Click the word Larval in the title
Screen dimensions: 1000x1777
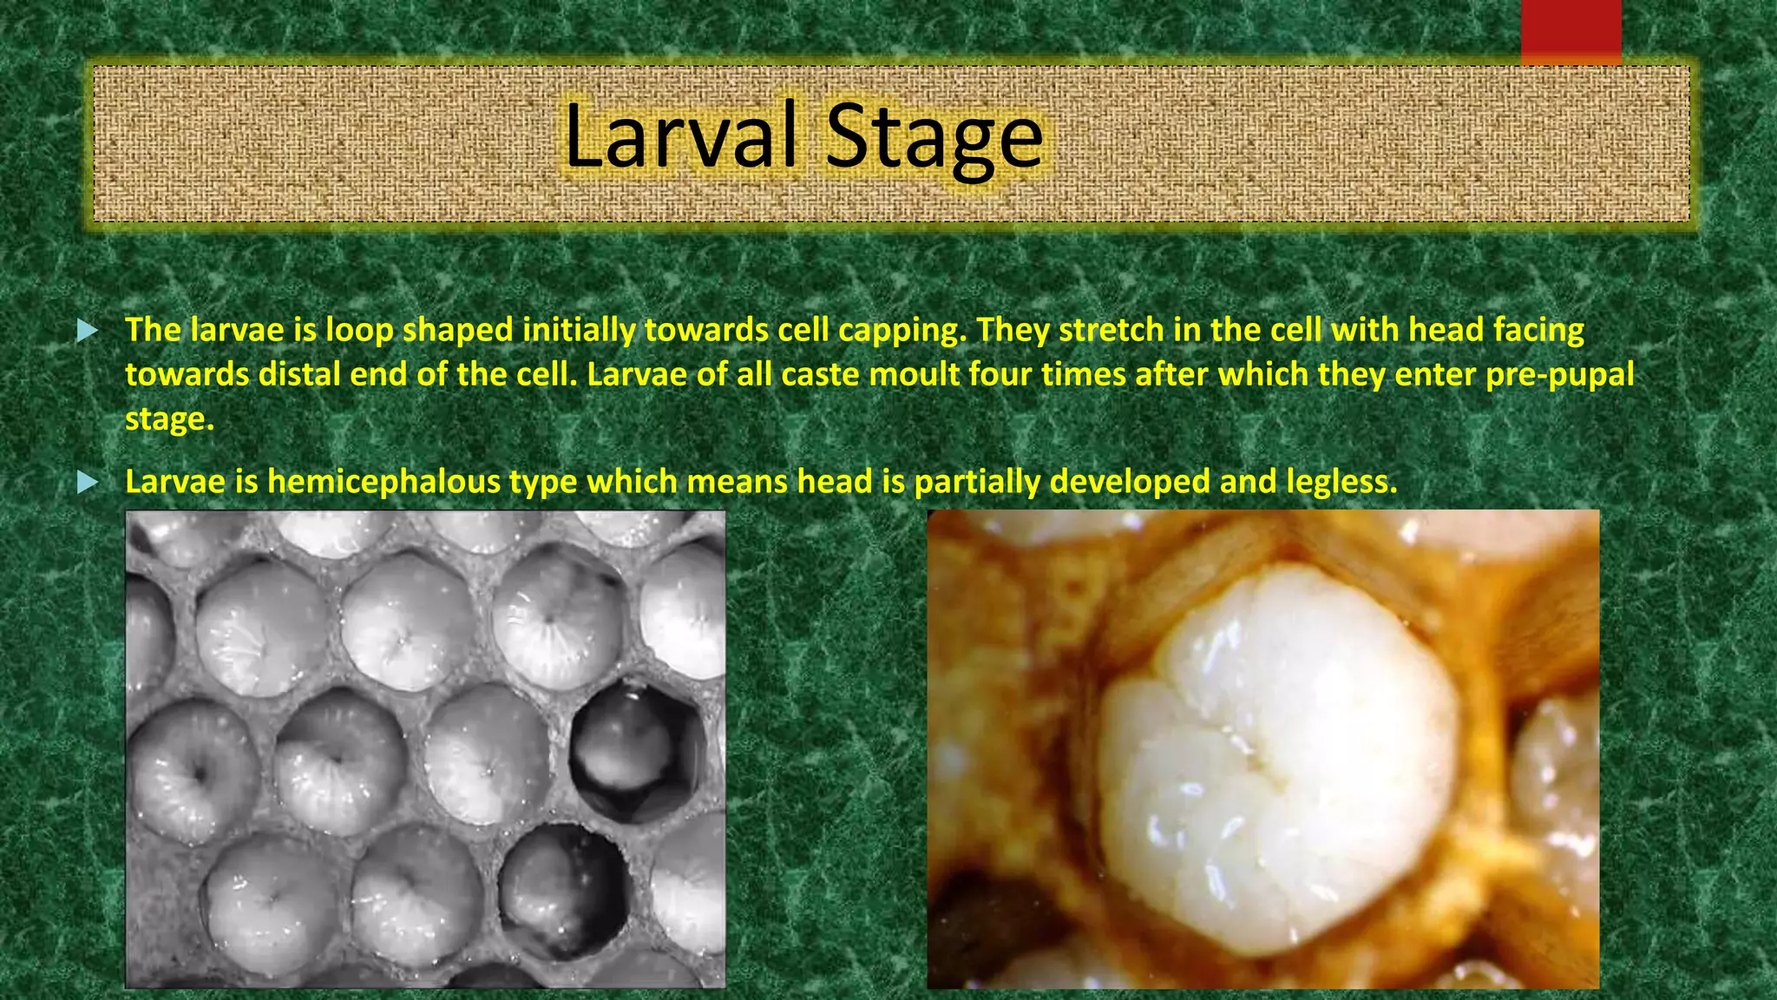(x=679, y=136)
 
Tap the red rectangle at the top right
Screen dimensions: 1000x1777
(x=1570, y=31)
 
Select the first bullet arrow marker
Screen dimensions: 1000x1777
(x=88, y=331)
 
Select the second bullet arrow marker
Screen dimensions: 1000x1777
(x=88, y=482)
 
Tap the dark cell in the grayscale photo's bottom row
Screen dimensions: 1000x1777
(x=564, y=890)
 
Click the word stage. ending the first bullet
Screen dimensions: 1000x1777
(x=168, y=419)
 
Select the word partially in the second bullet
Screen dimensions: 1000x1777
(x=977, y=482)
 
